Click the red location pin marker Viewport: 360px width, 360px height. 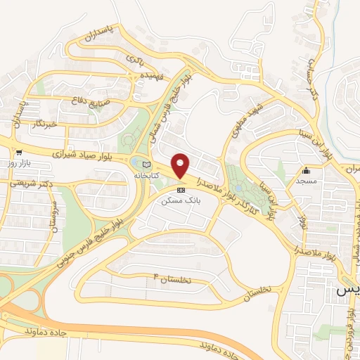(x=181, y=165)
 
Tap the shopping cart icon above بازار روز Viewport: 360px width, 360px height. (x=19, y=151)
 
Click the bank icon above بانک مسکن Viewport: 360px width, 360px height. (x=181, y=190)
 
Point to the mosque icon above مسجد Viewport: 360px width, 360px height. (x=306, y=171)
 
